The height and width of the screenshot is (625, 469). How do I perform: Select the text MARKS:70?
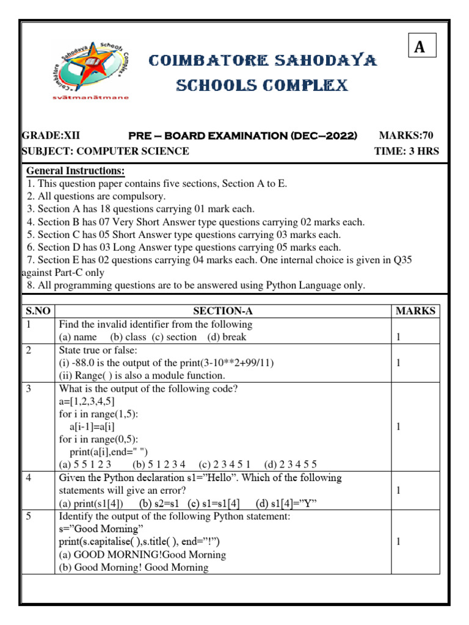[406, 135]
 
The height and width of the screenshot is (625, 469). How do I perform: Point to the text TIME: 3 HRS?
[406, 151]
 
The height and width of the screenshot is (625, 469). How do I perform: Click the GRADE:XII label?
[51, 135]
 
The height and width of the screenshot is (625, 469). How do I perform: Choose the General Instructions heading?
[76, 170]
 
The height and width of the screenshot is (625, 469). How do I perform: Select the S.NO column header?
[37, 311]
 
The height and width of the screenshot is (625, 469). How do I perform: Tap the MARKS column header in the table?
[416, 311]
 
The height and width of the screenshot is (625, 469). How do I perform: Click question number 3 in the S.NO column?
[29, 388]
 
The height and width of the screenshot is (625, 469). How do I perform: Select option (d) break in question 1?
[227, 337]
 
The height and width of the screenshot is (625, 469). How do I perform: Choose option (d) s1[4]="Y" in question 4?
[286, 503]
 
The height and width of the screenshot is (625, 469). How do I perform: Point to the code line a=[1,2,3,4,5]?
[87, 400]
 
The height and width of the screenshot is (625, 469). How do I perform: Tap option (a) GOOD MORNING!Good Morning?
[142, 554]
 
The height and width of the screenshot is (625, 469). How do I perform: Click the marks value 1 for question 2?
[398, 363]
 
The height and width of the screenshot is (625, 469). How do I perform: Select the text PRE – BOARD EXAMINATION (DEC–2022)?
[242, 135]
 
